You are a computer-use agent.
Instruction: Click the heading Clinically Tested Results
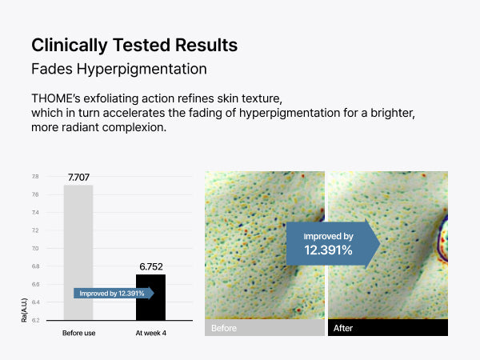tap(134, 45)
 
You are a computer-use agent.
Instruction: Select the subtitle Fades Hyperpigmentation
tap(119, 69)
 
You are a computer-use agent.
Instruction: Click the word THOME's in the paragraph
tap(56, 98)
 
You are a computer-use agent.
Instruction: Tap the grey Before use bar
tap(78, 253)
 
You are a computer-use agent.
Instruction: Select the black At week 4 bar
tap(150, 298)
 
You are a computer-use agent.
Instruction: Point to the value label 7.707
tap(78, 178)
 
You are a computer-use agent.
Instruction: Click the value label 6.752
tap(151, 267)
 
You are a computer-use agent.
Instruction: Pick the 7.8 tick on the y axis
tap(35, 177)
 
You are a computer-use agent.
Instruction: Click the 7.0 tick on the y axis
tap(35, 248)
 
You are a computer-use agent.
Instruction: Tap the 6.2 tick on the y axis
tap(35, 320)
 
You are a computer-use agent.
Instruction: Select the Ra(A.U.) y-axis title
tap(24, 310)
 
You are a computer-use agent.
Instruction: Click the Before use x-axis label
tap(78, 333)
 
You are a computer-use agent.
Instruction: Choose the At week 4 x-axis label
tap(151, 333)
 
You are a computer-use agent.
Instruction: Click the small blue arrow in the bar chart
tap(114, 294)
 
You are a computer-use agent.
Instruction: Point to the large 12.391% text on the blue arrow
tap(328, 250)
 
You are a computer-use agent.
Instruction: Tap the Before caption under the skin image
tap(224, 328)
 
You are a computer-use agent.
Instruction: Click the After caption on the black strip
tap(343, 328)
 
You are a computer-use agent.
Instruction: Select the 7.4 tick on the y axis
tap(35, 213)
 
